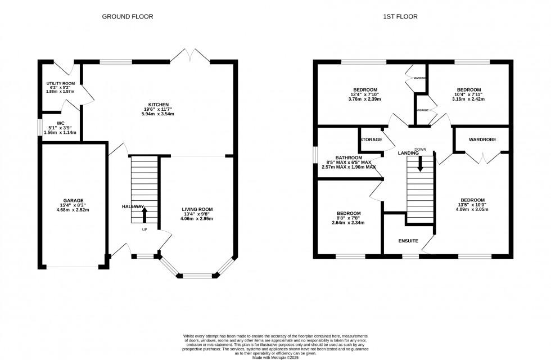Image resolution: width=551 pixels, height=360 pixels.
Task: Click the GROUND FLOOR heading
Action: [127, 16]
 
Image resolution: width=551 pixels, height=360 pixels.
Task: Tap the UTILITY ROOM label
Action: [60, 83]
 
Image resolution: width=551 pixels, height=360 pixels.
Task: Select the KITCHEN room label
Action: [158, 104]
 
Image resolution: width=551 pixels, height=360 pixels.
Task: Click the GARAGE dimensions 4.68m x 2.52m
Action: [73, 210]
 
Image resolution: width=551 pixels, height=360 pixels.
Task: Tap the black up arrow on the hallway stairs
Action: [144, 216]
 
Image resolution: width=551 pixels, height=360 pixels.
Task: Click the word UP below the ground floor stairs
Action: [144, 229]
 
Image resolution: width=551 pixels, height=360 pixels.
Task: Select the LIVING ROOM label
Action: [197, 209]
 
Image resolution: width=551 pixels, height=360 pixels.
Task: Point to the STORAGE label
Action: [371, 139]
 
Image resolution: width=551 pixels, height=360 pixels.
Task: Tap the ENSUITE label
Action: [409, 241]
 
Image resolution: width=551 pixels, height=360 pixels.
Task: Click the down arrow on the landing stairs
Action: [420, 164]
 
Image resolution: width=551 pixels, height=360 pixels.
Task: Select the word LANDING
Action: [408, 153]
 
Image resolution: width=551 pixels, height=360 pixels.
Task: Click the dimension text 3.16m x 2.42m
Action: [469, 99]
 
